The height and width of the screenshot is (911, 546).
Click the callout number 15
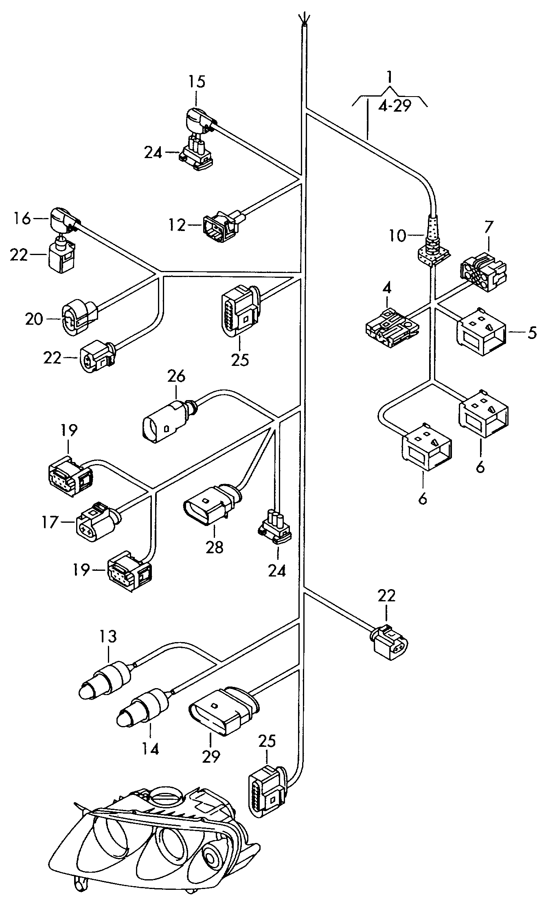tap(197, 81)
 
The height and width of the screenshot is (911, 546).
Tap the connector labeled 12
tap(222, 225)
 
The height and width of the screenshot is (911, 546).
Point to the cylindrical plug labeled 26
tap(167, 421)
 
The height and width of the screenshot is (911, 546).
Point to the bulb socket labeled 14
tap(145, 709)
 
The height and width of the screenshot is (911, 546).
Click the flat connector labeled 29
tap(224, 712)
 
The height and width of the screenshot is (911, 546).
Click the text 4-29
tap(395, 106)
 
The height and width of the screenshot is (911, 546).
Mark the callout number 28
tap(215, 547)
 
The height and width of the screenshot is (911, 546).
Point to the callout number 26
tap(175, 376)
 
